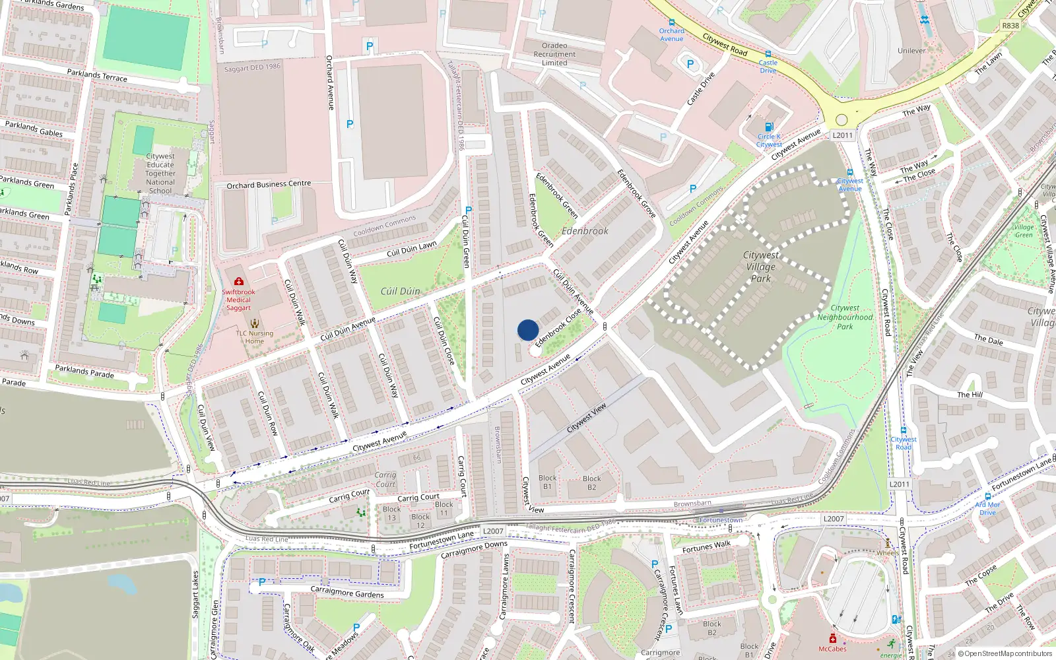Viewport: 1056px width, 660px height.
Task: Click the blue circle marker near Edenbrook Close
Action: pos(527,329)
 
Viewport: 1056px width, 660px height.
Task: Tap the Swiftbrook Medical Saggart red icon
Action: pos(238,281)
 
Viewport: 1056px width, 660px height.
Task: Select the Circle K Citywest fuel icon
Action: pos(768,127)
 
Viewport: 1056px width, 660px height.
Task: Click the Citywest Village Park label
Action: pos(760,267)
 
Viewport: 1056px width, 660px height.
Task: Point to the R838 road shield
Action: pos(1010,26)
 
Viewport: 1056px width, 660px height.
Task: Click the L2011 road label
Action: pos(842,135)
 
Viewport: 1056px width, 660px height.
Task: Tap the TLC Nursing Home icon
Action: pos(255,323)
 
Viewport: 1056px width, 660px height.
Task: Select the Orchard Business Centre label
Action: pos(269,185)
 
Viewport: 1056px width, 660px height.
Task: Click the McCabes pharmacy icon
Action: pos(833,638)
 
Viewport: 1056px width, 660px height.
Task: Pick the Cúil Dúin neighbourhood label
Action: pos(400,291)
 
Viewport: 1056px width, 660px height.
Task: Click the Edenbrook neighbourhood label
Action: pos(585,231)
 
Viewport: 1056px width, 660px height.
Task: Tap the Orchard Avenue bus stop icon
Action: pos(671,22)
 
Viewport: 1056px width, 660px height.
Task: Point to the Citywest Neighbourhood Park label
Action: pos(845,317)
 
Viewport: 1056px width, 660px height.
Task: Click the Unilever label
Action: pos(911,50)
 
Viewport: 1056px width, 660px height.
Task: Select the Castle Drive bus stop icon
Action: pos(768,54)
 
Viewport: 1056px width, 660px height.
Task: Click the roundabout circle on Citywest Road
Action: pos(841,120)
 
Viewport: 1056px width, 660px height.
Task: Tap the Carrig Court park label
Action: pos(385,479)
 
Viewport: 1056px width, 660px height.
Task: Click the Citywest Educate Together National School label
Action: pos(160,174)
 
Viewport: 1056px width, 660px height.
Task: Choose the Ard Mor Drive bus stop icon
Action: pos(988,496)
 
